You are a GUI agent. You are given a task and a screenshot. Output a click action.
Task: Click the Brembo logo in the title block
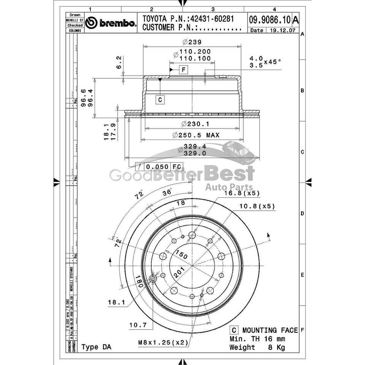click(x=110, y=24)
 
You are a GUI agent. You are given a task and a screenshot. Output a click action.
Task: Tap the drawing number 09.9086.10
click(x=270, y=19)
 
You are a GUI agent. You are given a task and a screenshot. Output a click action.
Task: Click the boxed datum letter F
click(x=183, y=70)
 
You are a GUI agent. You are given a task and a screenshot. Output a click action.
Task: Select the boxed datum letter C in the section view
click(x=160, y=100)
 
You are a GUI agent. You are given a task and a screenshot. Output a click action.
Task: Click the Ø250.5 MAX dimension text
click(x=196, y=135)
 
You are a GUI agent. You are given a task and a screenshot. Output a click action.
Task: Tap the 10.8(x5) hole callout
click(x=257, y=206)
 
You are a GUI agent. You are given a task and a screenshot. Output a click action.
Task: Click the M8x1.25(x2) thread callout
click(x=164, y=343)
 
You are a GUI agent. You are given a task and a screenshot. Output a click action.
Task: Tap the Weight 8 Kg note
click(x=257, y=347)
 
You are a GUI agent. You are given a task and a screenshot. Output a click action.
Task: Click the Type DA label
click(x=97, y=347)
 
